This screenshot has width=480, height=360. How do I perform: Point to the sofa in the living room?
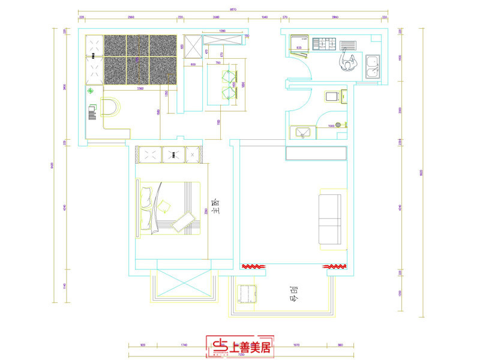click(332, 217)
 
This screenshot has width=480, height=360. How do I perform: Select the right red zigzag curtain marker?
click(334, 266)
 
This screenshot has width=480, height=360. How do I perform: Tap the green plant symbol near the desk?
click(91, 92)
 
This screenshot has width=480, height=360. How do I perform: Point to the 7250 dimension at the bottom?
click(241, 356)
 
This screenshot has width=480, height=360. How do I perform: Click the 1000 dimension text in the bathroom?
click(331, 126)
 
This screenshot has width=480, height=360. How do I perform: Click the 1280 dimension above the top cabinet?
click(221, 31)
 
